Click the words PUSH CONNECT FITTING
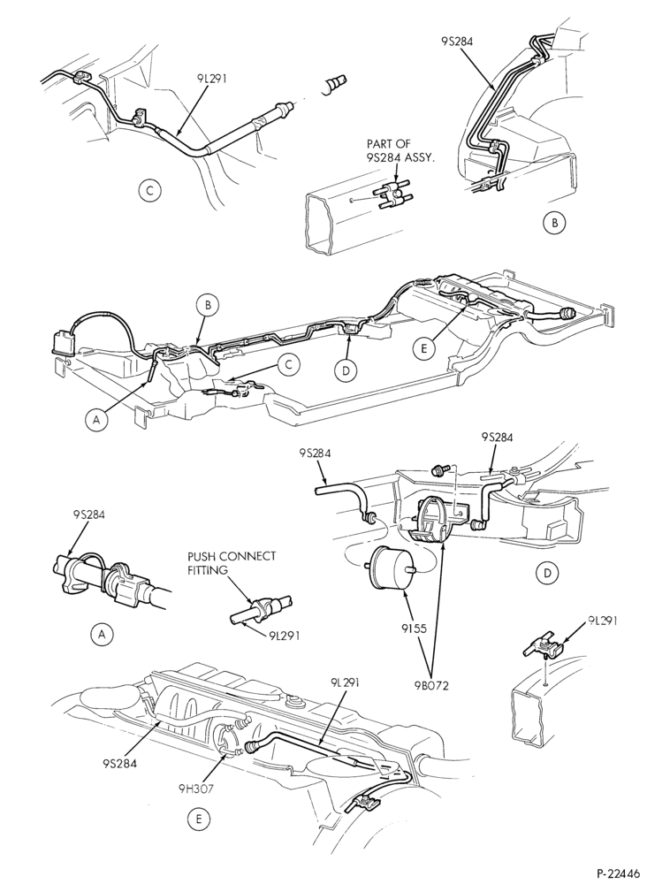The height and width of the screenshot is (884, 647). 232,562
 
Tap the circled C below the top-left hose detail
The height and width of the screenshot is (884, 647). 149,190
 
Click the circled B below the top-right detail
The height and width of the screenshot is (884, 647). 554,223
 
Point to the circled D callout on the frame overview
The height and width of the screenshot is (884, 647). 346,370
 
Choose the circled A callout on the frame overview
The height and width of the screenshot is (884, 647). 97,420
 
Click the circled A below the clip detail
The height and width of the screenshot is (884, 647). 102,635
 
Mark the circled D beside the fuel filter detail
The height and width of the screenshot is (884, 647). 546,574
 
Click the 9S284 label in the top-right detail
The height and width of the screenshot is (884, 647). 458,42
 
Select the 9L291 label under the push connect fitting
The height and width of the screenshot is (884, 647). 285,636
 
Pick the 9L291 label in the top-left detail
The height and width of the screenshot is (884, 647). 211,79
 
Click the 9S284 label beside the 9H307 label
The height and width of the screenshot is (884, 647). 120,764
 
